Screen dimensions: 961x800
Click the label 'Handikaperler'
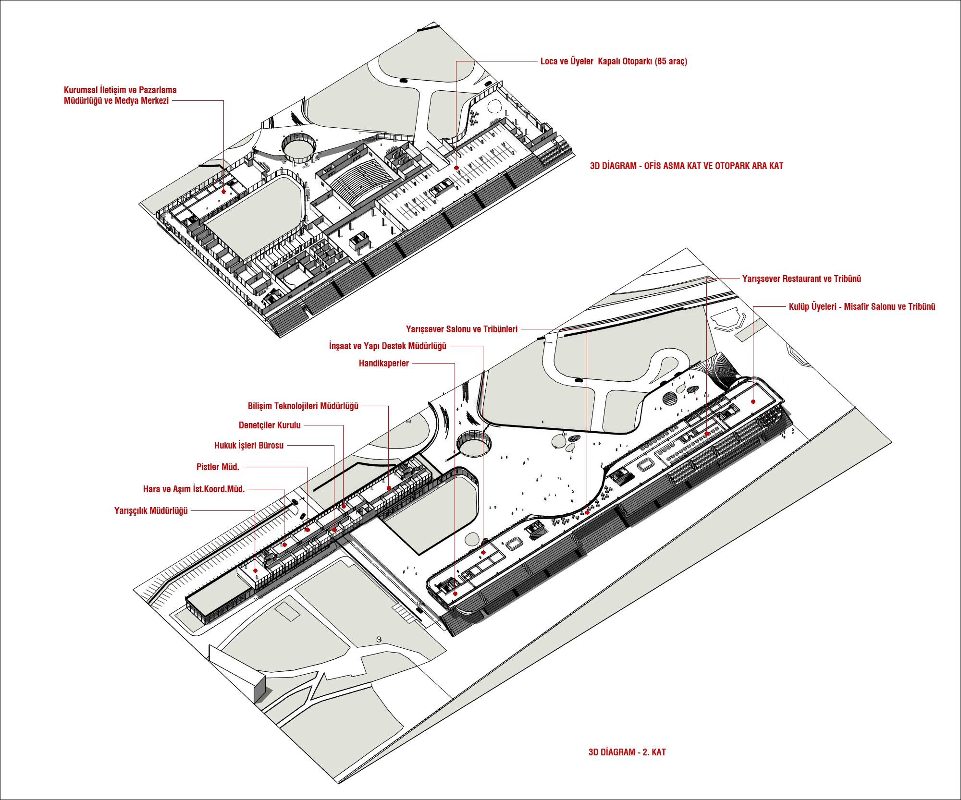(383, 364)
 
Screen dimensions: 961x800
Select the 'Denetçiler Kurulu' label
(270, 425)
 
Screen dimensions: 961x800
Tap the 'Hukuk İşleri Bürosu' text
(249, 446)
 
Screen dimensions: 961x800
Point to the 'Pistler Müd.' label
(218, 467)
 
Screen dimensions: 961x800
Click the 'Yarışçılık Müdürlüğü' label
(151, 511)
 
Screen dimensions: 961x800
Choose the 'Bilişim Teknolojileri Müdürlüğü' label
(303, 406)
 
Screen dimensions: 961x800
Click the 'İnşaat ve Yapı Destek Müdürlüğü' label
(388, 346)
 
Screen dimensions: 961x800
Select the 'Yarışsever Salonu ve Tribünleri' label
(462, 329)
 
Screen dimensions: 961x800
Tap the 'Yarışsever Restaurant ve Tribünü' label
(801, 279)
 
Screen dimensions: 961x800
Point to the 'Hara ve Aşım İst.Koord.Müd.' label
(194, 489)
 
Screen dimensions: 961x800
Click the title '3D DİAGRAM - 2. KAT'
(627, 752)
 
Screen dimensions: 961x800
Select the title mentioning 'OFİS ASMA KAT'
(687, 166)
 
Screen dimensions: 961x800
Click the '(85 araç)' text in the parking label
(671, 61)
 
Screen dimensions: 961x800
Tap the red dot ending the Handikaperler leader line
(455, 594)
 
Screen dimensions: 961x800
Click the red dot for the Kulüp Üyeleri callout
(753, 401)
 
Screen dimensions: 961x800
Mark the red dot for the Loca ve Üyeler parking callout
(456, 168)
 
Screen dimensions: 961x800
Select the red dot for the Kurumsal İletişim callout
(223, 191)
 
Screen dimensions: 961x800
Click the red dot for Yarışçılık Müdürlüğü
(256, 570)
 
